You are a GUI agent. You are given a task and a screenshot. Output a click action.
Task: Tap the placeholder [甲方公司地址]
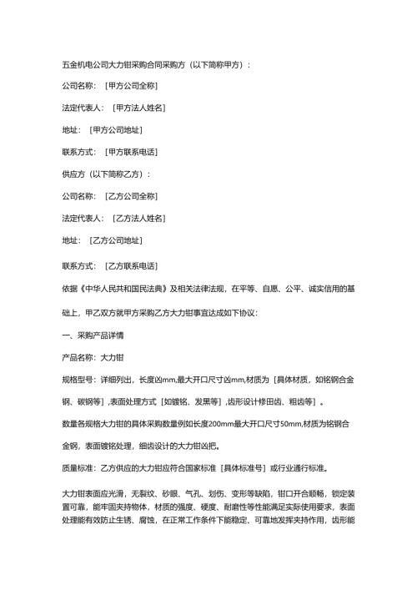115,129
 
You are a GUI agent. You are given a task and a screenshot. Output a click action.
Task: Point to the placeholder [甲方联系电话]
132,151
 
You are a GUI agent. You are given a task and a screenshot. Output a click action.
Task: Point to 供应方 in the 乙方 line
76,174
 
